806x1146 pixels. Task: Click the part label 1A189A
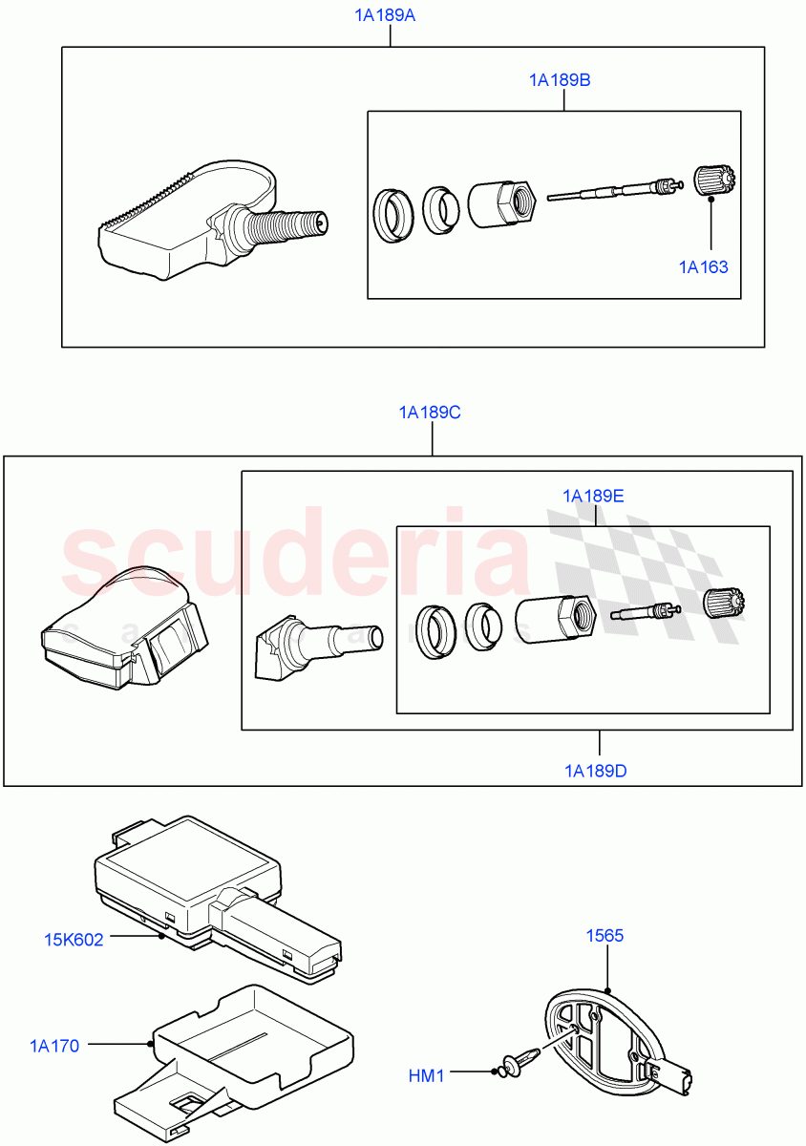[390, 15]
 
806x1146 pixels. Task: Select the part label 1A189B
[560, 80]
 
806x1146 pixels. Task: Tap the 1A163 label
[703, 266]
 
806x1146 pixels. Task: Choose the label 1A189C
[430, 413]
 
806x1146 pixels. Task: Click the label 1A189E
[593, 496]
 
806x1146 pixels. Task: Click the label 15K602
[74, 939]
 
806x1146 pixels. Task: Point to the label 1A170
[54, 1046]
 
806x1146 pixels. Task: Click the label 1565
[605, 935]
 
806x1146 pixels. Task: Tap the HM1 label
[427, 1075]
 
